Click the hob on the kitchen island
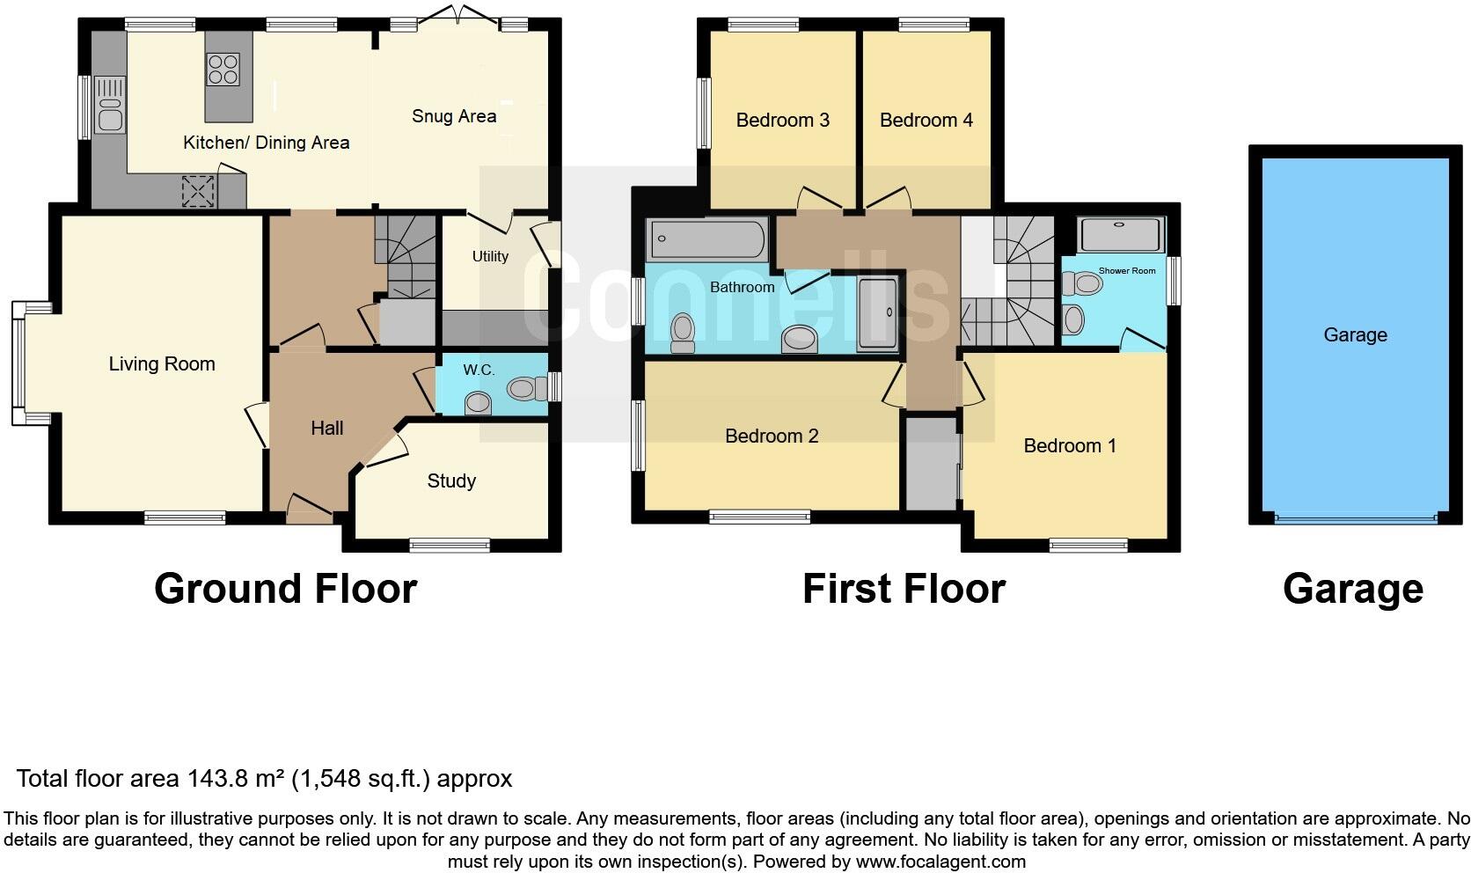coord(223,70)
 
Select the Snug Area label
coord(454,116)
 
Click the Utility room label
coord(490,256)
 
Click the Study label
coord(451,481)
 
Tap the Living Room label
coord(162,363)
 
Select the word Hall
coord(327,428)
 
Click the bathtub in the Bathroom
coord(706,239)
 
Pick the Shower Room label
coord(1127,271)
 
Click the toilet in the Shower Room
coord(1083,283)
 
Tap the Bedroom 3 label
coord(782,120)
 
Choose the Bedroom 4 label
coord(926,120)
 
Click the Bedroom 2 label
coord(772,436)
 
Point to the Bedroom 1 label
coord(1070,445)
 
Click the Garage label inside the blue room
coord(1355,334)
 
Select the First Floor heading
coord(904,589)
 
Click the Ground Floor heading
coord(285,589)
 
